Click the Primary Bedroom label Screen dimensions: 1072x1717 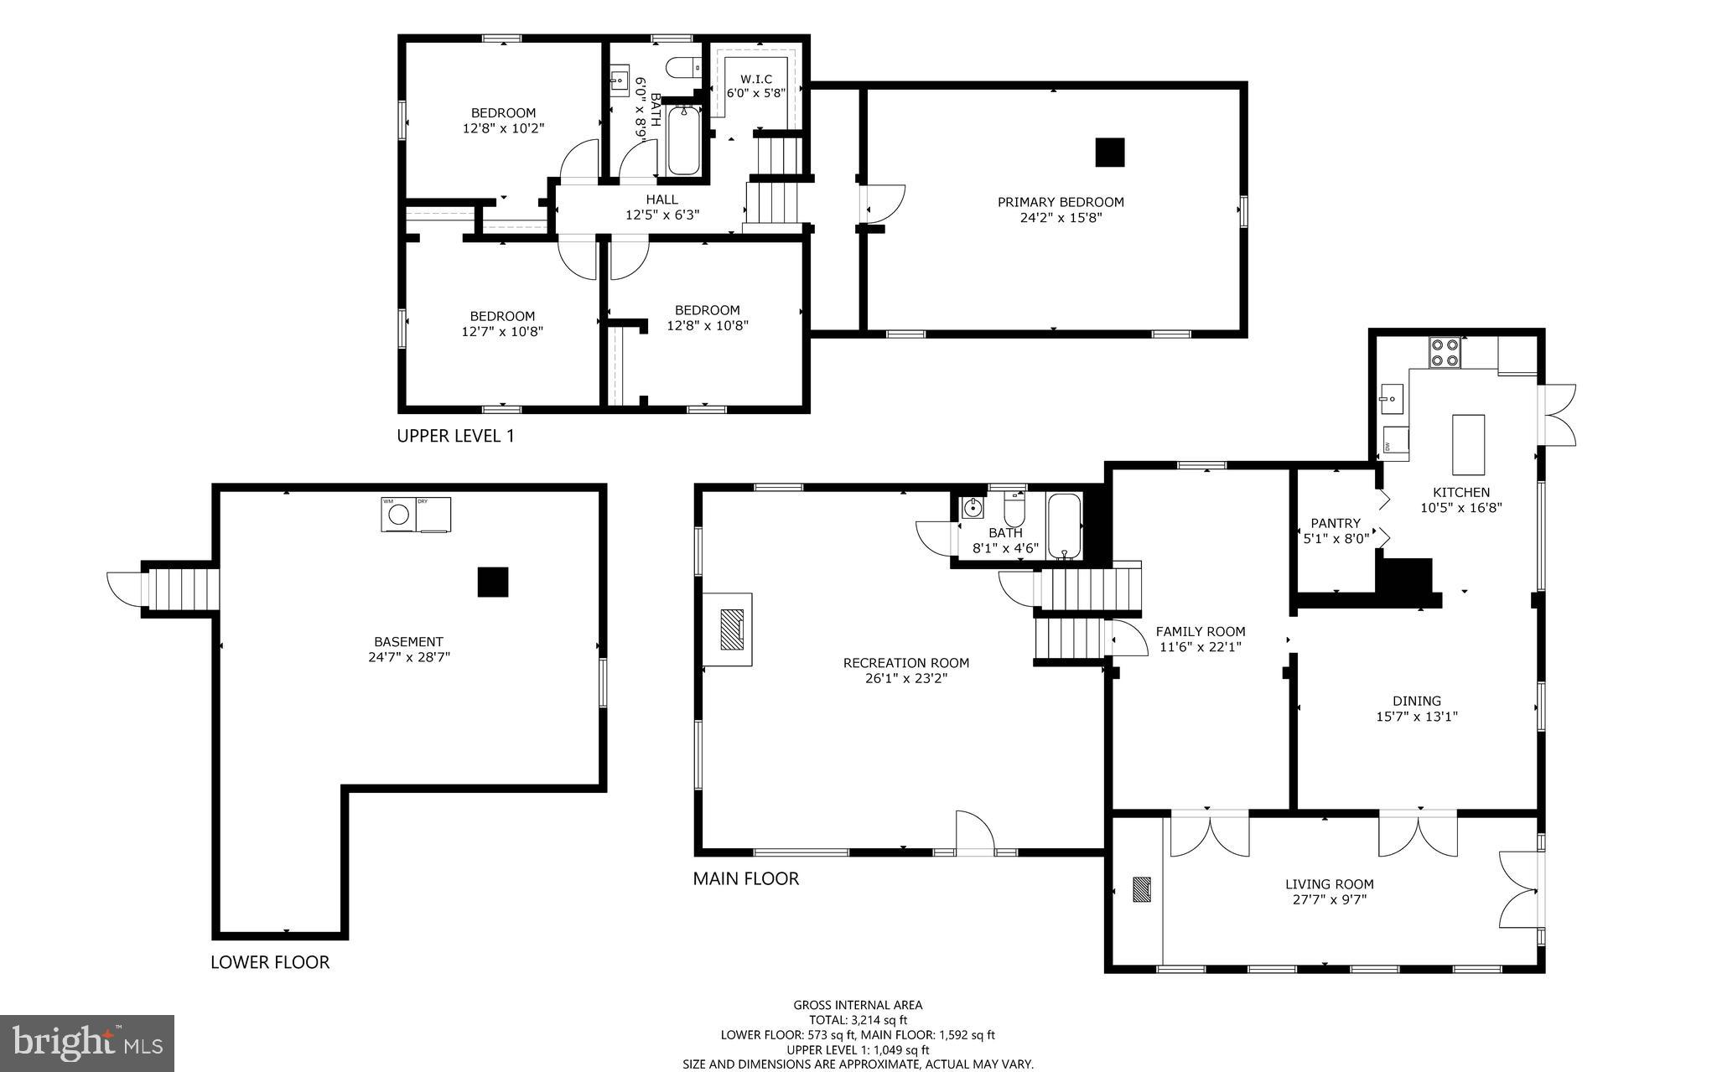(1061, 202)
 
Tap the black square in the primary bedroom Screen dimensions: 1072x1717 (1109, 153)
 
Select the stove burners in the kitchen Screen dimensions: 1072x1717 (1445, 352)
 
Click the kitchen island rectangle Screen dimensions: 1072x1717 (1468, 444)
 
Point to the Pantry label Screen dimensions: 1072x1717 (1336, 523)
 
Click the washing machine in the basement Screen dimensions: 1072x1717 (397, 515)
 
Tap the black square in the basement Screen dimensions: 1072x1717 (492, 582)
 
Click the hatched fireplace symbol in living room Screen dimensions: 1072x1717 (1141, 889)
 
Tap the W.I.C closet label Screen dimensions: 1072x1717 (755, 80)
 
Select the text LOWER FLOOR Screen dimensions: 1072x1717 (270, 962)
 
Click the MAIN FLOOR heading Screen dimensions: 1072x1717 (745, 878)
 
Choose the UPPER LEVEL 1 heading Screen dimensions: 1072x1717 (455, 436)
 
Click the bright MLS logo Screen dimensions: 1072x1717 (87, 1043)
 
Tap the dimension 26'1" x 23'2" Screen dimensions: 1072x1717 (905, 678)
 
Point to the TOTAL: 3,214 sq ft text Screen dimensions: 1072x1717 (858, 1020)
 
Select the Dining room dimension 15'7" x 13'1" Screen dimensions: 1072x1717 (1417, 717)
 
